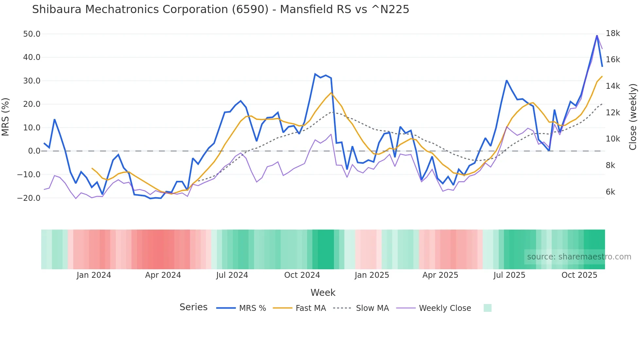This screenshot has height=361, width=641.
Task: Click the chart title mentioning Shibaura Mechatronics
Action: (220, 9)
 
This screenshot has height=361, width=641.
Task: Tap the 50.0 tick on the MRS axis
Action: (32, 34)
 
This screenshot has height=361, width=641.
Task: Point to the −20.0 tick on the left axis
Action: (29, 198)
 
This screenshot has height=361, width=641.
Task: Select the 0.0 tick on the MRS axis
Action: (34, 151)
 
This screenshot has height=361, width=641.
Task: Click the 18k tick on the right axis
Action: (613, 33)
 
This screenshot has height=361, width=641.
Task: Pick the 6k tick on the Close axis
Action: (610, 192)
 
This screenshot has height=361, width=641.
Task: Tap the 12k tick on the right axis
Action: (613, 113)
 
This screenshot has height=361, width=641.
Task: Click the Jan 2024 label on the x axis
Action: (94, 275)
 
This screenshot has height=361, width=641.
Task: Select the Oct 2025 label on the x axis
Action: (579, 275)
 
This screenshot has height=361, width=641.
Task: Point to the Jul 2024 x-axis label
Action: (232, 275)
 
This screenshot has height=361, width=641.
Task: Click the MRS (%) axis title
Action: (6, 117)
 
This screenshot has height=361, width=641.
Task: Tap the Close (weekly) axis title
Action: (633, 117)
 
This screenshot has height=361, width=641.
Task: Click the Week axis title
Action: (323, 293)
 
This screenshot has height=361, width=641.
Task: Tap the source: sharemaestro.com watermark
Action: (579, 257)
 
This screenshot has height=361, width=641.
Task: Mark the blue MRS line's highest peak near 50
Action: (597, 35)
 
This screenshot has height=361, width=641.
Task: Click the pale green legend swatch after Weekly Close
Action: (487, 308)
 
